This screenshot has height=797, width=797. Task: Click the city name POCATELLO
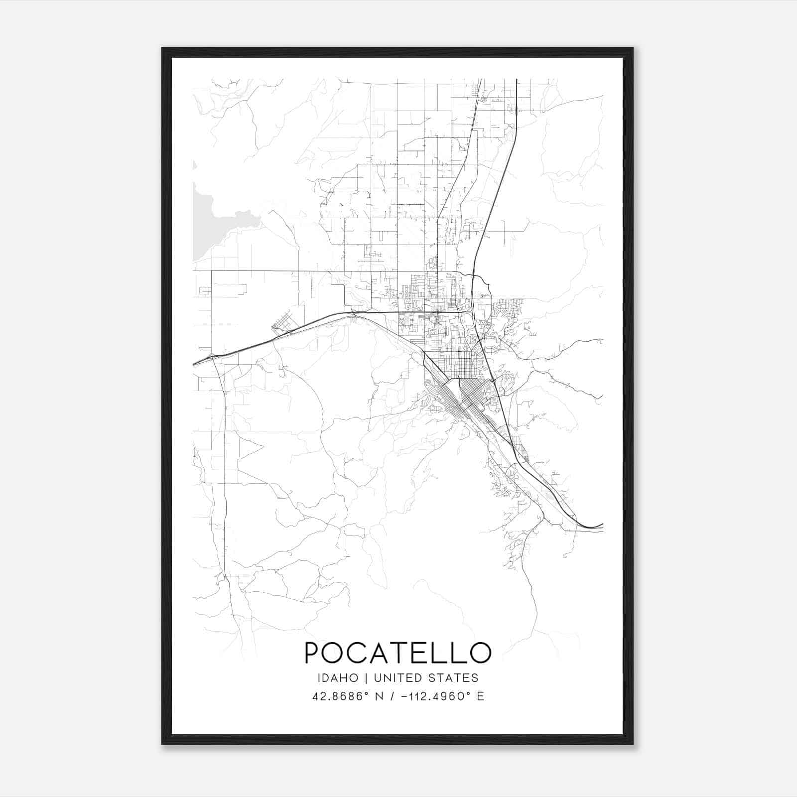coord(398,653)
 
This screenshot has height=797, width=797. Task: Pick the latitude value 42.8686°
coord(340,696)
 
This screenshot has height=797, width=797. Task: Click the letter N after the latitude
coord(380,696)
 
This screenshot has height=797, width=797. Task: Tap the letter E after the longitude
coord(480,696)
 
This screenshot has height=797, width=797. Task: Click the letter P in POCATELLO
coord(313,653)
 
